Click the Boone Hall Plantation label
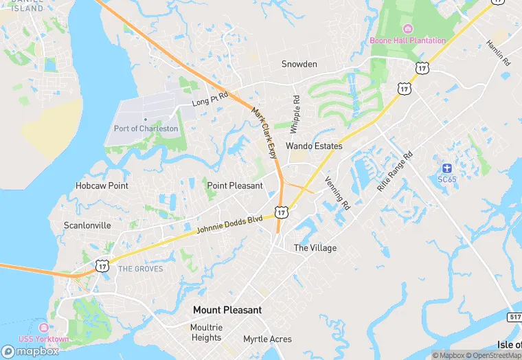click(407, 41)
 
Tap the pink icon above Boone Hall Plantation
click(407, 28)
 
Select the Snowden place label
click(299, 64)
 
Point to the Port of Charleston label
click(146, 128)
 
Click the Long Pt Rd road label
click(209, 102)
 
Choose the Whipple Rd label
click(295, 114)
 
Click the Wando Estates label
click(314, 146)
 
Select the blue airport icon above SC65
click(446, 168)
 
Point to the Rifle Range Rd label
click(396, 171)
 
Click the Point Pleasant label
click(235, 185)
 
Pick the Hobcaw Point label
click(102, 185)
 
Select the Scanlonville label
click(87, 225)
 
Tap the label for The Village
click(315, 248)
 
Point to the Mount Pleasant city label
click(227, 310)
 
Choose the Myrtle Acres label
click(267, 339)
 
